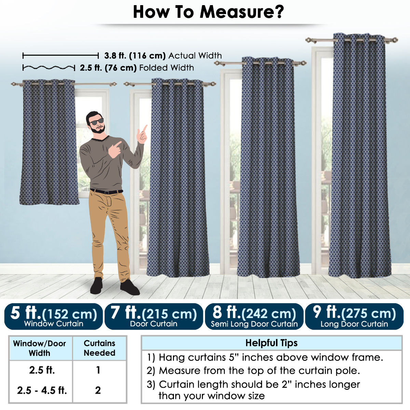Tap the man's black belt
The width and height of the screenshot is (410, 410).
(106, 191)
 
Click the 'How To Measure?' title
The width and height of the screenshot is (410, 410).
(208, 12)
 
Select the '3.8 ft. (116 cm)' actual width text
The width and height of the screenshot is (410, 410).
(135, 56)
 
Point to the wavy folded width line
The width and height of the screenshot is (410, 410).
(49, 68)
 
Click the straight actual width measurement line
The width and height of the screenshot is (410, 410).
(60, 56)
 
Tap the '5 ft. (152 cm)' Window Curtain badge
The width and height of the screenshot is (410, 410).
(53, 316)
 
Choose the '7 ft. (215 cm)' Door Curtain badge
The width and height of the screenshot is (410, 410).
(154, 316)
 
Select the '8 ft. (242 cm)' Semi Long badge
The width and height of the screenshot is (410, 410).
(254, 316)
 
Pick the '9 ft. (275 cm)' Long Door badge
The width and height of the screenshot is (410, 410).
(354, 316)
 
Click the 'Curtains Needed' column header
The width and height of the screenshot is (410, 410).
(99, 348)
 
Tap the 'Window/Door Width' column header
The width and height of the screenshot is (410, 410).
(40, 348)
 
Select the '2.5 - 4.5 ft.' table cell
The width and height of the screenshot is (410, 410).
(42, 390)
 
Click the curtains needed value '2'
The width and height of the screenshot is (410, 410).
(98, 390)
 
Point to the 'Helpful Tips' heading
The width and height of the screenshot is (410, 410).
(272, 343)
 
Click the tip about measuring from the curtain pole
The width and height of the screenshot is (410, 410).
(253, 370)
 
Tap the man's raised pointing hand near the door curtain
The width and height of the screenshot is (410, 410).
(142, 134)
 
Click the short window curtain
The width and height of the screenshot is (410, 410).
(49, 142)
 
